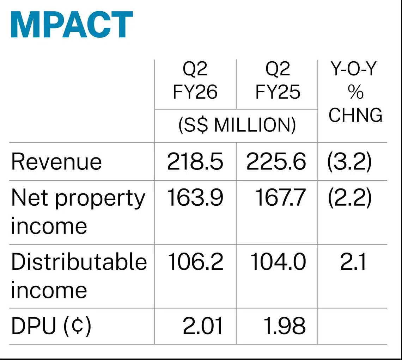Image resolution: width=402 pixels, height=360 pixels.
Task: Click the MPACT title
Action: click(72, 25)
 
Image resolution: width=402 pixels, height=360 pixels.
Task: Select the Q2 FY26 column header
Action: click(195, 81)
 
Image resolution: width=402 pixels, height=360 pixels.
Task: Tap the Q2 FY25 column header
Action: click(278, 81)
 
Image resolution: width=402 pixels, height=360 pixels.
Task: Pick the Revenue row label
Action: click(56, 162)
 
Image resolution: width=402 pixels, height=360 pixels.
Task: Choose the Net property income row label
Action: click(78, 212)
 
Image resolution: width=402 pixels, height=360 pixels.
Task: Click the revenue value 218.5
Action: click(195, 162)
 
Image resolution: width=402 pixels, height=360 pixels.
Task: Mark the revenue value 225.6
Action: click(276, 162)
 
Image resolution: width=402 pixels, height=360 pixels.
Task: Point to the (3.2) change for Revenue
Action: click(349, 162)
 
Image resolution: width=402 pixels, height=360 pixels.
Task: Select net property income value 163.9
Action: click(195, 198)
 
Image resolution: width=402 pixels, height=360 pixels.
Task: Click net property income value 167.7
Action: click(280, 198)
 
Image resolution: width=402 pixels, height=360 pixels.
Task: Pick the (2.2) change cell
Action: click(349, 198)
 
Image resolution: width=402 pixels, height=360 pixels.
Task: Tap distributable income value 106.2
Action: click(195, 262)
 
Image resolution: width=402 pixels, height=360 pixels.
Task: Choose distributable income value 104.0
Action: click(278, 262)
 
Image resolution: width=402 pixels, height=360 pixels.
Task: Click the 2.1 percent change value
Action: click(353, 262)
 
